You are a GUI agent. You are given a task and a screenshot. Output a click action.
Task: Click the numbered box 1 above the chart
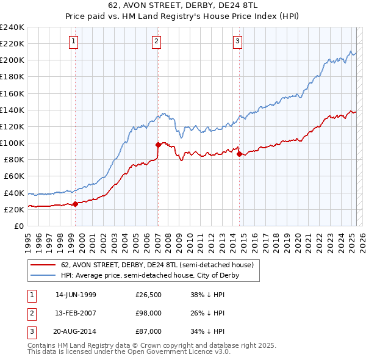click(74, 41)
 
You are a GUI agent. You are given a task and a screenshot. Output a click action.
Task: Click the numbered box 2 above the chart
click(157, 41)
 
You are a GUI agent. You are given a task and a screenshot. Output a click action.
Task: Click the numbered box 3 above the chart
click(237, 41)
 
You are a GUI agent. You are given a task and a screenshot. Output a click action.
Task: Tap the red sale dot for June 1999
click(76, 204)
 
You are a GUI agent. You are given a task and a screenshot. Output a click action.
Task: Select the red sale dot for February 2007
click(158, 145)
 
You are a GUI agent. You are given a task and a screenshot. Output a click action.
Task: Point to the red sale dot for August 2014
click(239, 154)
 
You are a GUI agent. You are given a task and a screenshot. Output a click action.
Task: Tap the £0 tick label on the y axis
click(18, 226)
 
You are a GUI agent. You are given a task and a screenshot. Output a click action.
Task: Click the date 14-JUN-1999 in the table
click(76, 295)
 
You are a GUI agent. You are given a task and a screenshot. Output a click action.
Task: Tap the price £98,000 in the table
click(149, 313)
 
